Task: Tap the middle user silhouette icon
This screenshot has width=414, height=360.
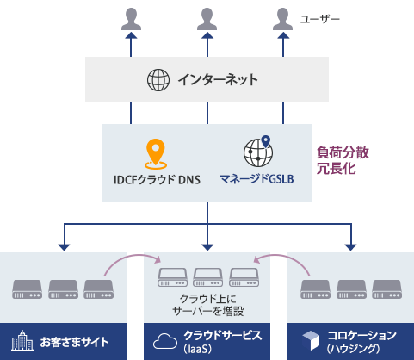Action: [x=207, y=18]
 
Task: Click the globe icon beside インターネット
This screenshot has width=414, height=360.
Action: [x=158, y=80]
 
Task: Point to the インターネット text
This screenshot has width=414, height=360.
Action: [x=218, y=80]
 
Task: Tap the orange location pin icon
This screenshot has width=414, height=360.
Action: [x=155, y=154]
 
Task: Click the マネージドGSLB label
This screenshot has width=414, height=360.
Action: [x=257, y=182]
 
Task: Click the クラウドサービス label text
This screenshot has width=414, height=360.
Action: [x=222, y=334]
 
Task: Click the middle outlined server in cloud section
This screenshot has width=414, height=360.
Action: [x=207, y=277]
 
